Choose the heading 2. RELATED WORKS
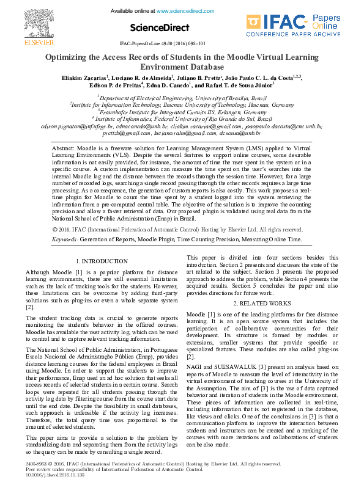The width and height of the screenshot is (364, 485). click(262, 304)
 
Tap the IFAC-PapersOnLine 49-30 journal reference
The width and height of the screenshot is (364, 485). click(162, 44)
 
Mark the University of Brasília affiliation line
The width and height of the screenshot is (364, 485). click(182, 98)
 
